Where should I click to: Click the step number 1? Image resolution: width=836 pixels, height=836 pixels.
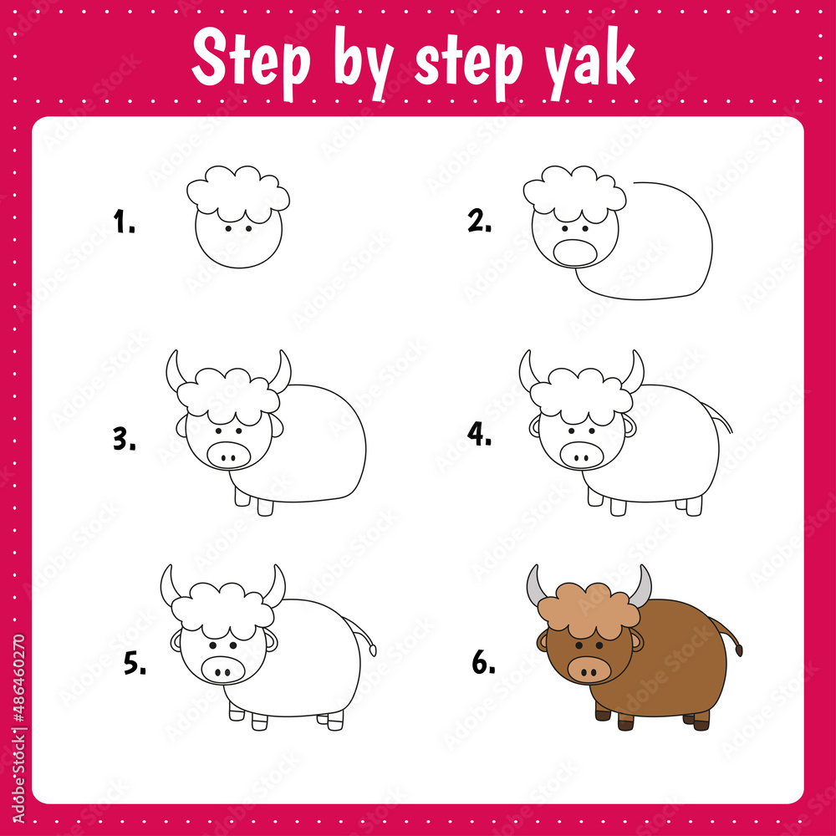click(x=124, y=223)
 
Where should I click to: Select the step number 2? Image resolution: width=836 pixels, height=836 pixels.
click(x=479, y=222)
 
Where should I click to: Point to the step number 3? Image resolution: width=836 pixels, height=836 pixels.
click(x=125, y=439)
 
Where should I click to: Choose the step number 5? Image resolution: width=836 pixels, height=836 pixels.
click(x=135, y=664)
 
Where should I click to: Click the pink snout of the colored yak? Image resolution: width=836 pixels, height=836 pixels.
click(x=588, y=669)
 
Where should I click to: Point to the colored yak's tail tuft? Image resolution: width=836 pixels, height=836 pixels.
click(x=737, y=645)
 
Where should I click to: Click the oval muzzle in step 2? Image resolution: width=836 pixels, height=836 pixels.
click(x=576, y=252)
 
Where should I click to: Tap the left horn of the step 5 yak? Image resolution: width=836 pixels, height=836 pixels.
click(x=170, y=585)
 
